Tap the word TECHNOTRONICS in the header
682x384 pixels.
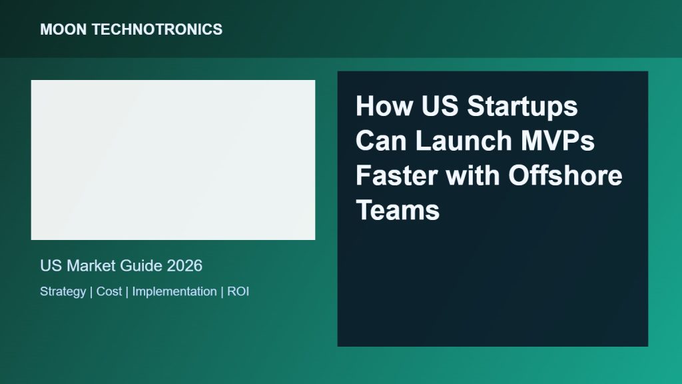coord(157,29)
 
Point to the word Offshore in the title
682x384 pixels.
coord(565,175)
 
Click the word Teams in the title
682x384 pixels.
coord(398,210)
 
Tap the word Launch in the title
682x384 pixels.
coord(464,141)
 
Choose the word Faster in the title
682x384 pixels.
coord(397,175)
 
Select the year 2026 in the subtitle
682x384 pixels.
coord(184,266)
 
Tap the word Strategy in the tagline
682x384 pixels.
coord(63,292)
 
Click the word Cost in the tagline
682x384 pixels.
coord(109,292)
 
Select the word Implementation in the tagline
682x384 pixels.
coord(174,292)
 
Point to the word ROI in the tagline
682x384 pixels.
coord(238,292)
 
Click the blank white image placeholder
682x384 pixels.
coord(173,160)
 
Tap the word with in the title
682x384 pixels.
coord(473,175)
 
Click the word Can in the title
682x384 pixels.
coord(382,141)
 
